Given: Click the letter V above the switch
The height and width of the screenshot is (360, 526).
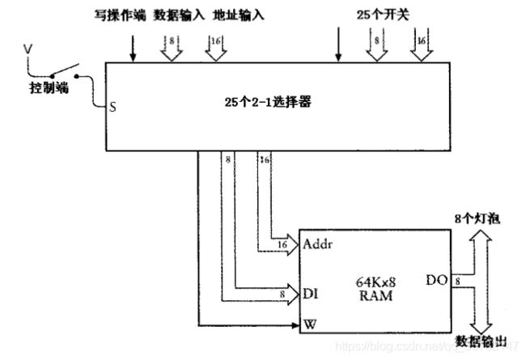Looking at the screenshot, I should [26, 50].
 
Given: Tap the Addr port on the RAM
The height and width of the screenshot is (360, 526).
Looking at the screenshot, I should [320, 243].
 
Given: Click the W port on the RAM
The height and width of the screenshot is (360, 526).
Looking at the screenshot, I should [309, 327].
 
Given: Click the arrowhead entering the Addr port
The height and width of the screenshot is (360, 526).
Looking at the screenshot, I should [294, 243].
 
